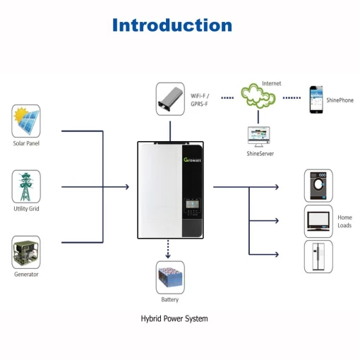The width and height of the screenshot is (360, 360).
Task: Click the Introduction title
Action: tap(172, 25)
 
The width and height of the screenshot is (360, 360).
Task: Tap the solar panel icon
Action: tap(26, 121)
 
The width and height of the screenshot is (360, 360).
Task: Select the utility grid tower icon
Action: tap(26, 186)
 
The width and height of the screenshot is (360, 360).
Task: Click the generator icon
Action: tap(26, 252)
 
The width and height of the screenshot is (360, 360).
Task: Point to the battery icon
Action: tap(169, 277)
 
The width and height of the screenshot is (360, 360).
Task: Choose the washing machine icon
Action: tap(318, 186)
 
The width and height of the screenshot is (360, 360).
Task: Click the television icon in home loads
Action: tap(318, 221)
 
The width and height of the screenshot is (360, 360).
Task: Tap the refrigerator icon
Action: tap(318, 256)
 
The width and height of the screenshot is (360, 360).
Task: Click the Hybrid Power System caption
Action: tap(174, 318)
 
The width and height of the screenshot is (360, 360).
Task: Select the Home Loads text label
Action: tap(344, 221)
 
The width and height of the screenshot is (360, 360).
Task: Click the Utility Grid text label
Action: tap(26, 209)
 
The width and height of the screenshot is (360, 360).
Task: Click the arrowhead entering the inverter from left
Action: tap(126, 187)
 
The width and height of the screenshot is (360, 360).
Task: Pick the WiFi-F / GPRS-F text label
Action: tap(200, 99)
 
